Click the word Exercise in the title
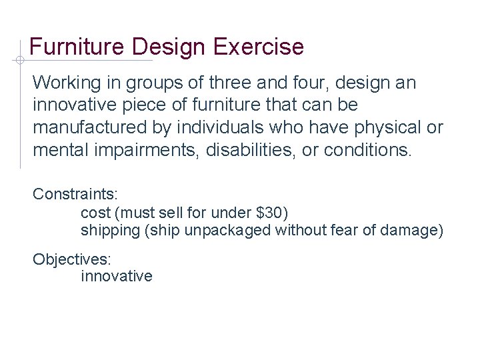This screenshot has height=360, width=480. (259, 47)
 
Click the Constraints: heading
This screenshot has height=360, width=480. (75, 194)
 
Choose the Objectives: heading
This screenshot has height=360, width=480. (72, 258)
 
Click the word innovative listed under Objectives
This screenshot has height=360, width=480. (117, 276)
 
